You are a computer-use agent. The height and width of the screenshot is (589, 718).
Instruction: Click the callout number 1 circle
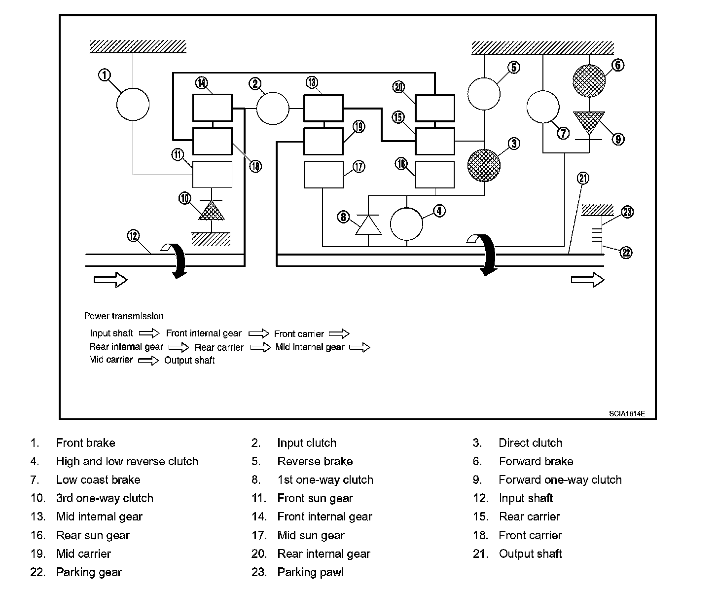click(x=105, y=75)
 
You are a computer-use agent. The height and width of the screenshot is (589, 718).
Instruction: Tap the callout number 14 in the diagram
click(x=202, y=83)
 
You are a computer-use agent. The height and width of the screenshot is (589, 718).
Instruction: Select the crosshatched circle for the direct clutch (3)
click(x=484, y=165)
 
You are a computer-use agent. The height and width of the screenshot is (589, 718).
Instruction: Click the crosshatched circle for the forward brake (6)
click(x=589, y=81)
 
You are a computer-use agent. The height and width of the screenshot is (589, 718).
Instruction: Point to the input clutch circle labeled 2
click(x=273, y=109)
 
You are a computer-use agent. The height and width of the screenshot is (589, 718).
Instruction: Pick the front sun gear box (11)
click(x=213, y=175)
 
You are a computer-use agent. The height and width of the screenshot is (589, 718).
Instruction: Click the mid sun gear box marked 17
click(x=323, y=175)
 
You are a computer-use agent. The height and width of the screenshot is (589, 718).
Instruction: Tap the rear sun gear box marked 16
click(x=435, y=175)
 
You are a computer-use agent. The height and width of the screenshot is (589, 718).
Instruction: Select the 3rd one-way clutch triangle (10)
click(x=212, y=211)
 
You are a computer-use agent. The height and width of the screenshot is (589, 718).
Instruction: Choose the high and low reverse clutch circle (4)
click(x=406, y=224)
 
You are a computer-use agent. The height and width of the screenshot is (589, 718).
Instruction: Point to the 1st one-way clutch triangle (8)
click(x=368, y=225)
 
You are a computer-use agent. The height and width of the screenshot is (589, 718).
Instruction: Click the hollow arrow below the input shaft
click(x=110, y=280)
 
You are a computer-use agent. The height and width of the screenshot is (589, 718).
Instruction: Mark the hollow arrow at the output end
click(x=588, y=280)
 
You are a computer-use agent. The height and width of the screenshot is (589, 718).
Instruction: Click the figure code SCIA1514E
click(x=627, y=413)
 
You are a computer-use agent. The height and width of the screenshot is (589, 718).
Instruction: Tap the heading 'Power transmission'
click(x=124, y=316)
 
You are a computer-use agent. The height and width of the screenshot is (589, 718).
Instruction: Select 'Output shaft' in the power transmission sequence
click(x=189, y=360)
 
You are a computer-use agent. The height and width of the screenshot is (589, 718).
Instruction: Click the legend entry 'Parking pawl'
click(x=310, y=572)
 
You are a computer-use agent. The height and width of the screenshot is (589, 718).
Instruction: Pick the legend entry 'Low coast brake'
click(x=98, y=479)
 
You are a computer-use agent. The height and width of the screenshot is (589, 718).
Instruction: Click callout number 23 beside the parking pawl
click(x=627, y=212)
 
